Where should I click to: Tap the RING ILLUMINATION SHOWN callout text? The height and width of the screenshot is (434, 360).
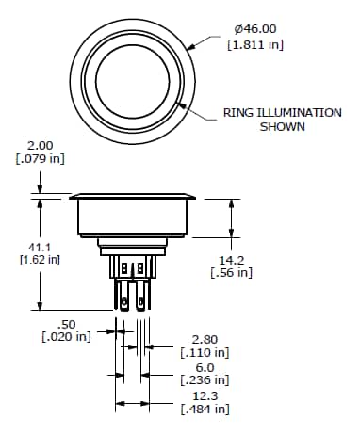point(282,120)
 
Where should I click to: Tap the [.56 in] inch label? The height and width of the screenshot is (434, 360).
point(232,272)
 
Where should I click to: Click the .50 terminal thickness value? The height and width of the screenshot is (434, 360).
point(67,323)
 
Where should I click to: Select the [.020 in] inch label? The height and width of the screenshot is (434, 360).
point(67,337)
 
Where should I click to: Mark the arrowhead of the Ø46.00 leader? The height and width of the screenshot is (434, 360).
point(188,45)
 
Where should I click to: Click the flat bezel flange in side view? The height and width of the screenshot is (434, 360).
point(134,197)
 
